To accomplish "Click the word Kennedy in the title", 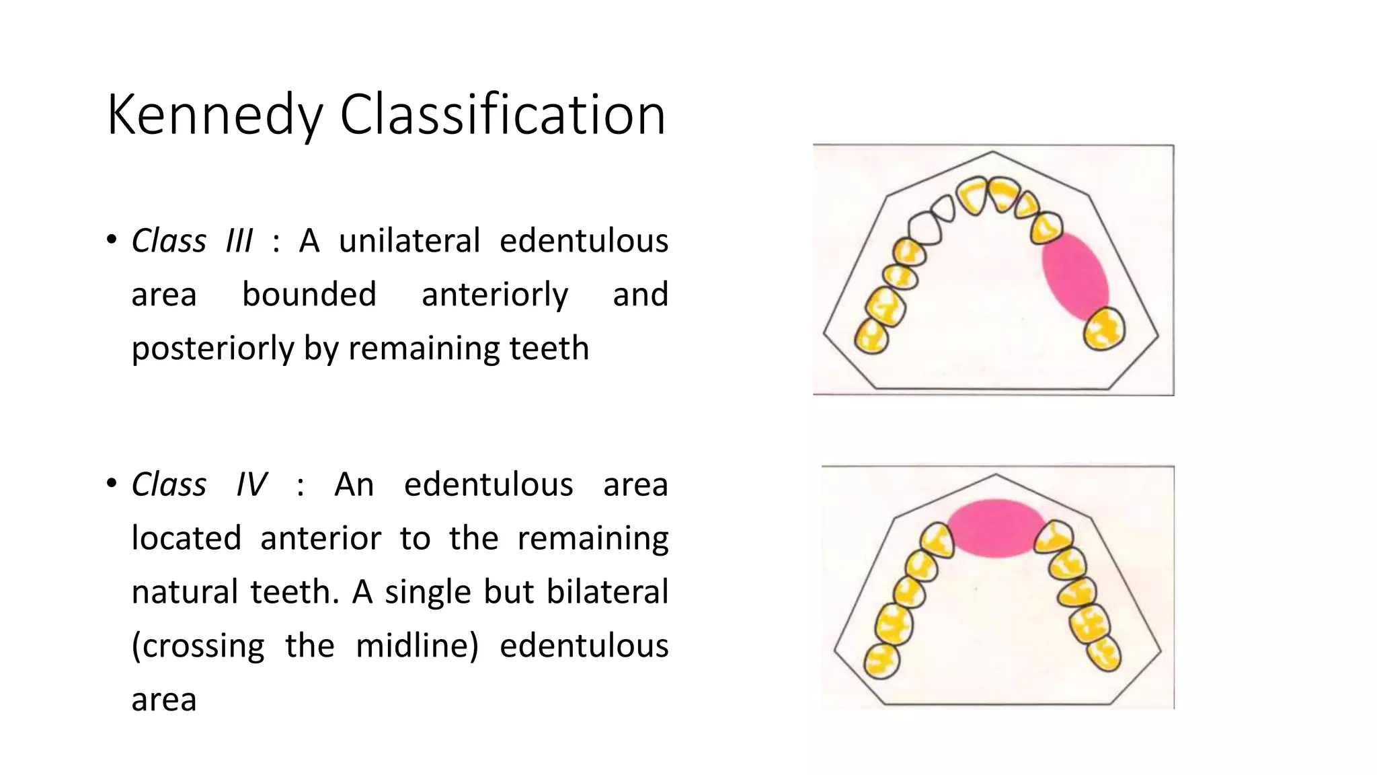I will click(214, 116).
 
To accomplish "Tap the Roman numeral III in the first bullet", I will click(239, 241).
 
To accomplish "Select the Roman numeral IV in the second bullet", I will click(251, 484).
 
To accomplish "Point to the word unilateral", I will click(409, 241).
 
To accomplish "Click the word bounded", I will click(309, 295).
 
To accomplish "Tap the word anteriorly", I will click(494, 295).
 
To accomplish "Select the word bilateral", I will click(606, 592).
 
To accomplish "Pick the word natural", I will click(184, 592).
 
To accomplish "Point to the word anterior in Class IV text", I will click(320, 538).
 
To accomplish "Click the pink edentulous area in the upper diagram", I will click(1074, 276).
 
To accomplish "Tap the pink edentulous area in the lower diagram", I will click(996, 527).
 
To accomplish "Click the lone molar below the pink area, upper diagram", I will click(1104, 328).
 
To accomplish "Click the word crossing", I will click(198, 646).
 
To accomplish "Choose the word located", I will click(186, 538).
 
